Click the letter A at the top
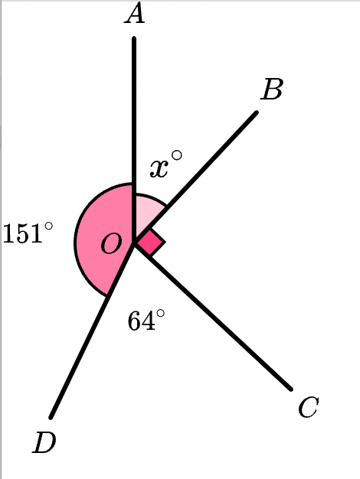(x=135, y=14)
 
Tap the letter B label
(x=272, y=90)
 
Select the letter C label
(x=309, y=407)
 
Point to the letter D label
(x=44, y=442)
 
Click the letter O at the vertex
(x=111, y=243)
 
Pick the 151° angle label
(x=28, y=233)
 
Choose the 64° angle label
(x=146, y=320)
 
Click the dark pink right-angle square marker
(x=151, y=243)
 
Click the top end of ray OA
(x=134, y=38)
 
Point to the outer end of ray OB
(x=257, y=112)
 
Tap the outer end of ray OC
(x=291, y=389)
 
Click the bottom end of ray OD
(x=51, y=417)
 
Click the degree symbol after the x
(x=177, y=155)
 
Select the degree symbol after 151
(x=48, y=226)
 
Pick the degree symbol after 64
(x=160, y=314)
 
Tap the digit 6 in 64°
(x=135, y=321)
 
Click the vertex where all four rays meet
(x=134, y=242)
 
